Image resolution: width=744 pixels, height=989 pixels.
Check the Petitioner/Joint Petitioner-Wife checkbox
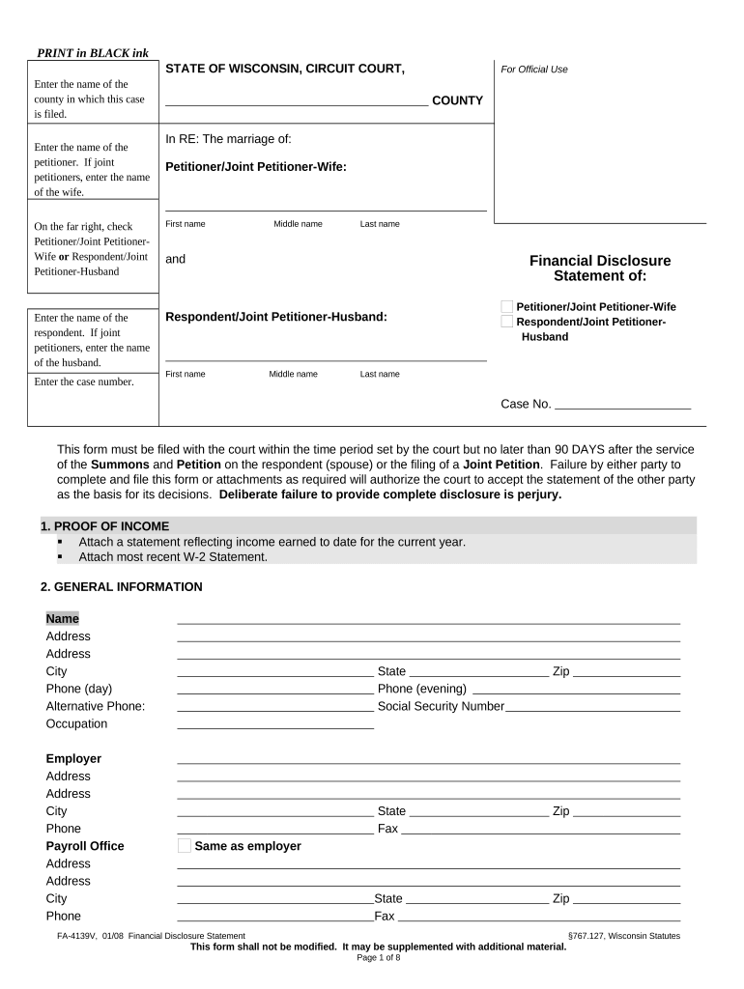pos(506,306)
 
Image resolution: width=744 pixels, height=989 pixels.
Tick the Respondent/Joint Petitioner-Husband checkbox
pos(506,322)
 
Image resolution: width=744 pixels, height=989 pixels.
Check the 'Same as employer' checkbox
pos(185,846)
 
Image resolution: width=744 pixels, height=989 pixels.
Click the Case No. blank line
pos(622,404)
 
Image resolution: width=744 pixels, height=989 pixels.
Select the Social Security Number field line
pos(592,706)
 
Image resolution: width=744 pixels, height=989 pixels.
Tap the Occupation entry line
pos(275,723)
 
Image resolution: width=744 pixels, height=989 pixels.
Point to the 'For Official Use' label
pos(533,70)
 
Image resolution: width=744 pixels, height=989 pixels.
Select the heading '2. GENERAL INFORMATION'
pos(121,586)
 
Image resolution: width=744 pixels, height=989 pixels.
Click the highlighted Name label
pos(63,618)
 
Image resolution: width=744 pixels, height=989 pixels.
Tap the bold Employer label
pos(73,758)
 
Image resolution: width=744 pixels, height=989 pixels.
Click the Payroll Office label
pos(85,846)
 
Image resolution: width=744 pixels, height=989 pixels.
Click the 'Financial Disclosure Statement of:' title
pos(599,268)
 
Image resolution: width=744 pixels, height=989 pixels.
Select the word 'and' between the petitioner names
pos(175,259)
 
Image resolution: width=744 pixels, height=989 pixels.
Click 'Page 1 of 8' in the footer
pos(378,957)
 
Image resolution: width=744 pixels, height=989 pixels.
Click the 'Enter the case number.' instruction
pos(84,381)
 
